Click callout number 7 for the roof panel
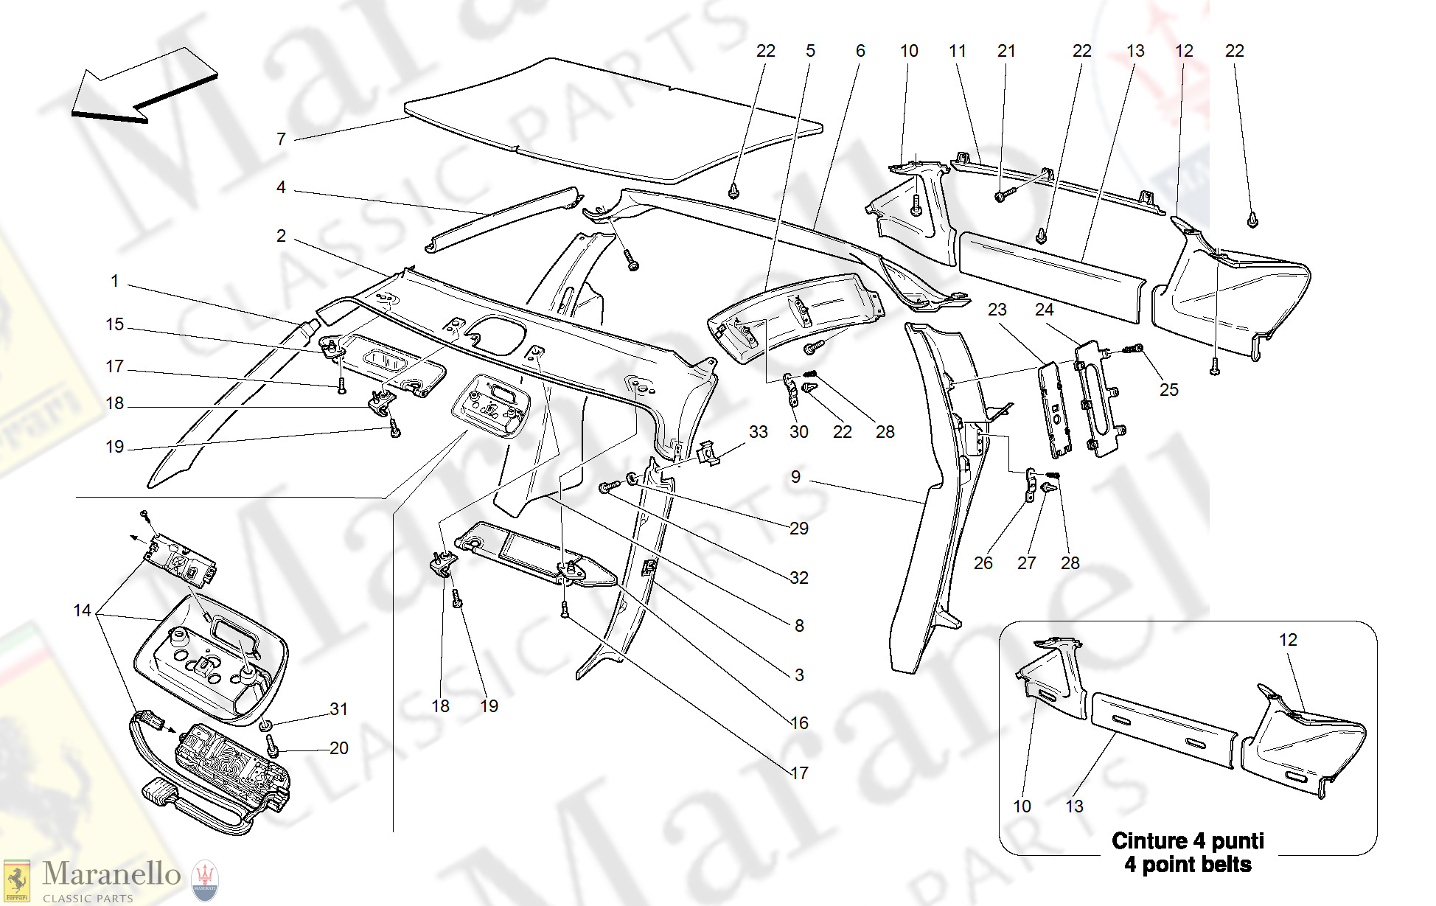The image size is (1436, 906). (281, 139)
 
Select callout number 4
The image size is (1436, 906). (281, 188)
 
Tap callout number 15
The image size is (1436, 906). (115, 325)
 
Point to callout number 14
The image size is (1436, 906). (83, 610)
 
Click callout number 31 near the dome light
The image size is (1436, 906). (338, 709)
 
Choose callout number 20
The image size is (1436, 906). (338, 748)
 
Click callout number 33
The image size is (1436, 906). (758, 433)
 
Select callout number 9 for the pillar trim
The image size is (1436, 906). (795, 478)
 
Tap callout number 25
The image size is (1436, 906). (1168, 390)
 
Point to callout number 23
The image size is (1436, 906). (997, 310)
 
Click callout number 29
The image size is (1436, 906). (799, 529)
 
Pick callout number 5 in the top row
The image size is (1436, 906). (810, 52)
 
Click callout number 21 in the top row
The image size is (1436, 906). (1006, 52)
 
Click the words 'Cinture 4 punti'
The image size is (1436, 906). (1187, 841)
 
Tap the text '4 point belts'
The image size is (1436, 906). (1187, 865)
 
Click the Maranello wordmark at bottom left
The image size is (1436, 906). (111, 874)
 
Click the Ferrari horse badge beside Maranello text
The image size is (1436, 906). (16, 881)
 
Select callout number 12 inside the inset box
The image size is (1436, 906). (1288, 641)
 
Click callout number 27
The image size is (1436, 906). (1026, 564)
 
